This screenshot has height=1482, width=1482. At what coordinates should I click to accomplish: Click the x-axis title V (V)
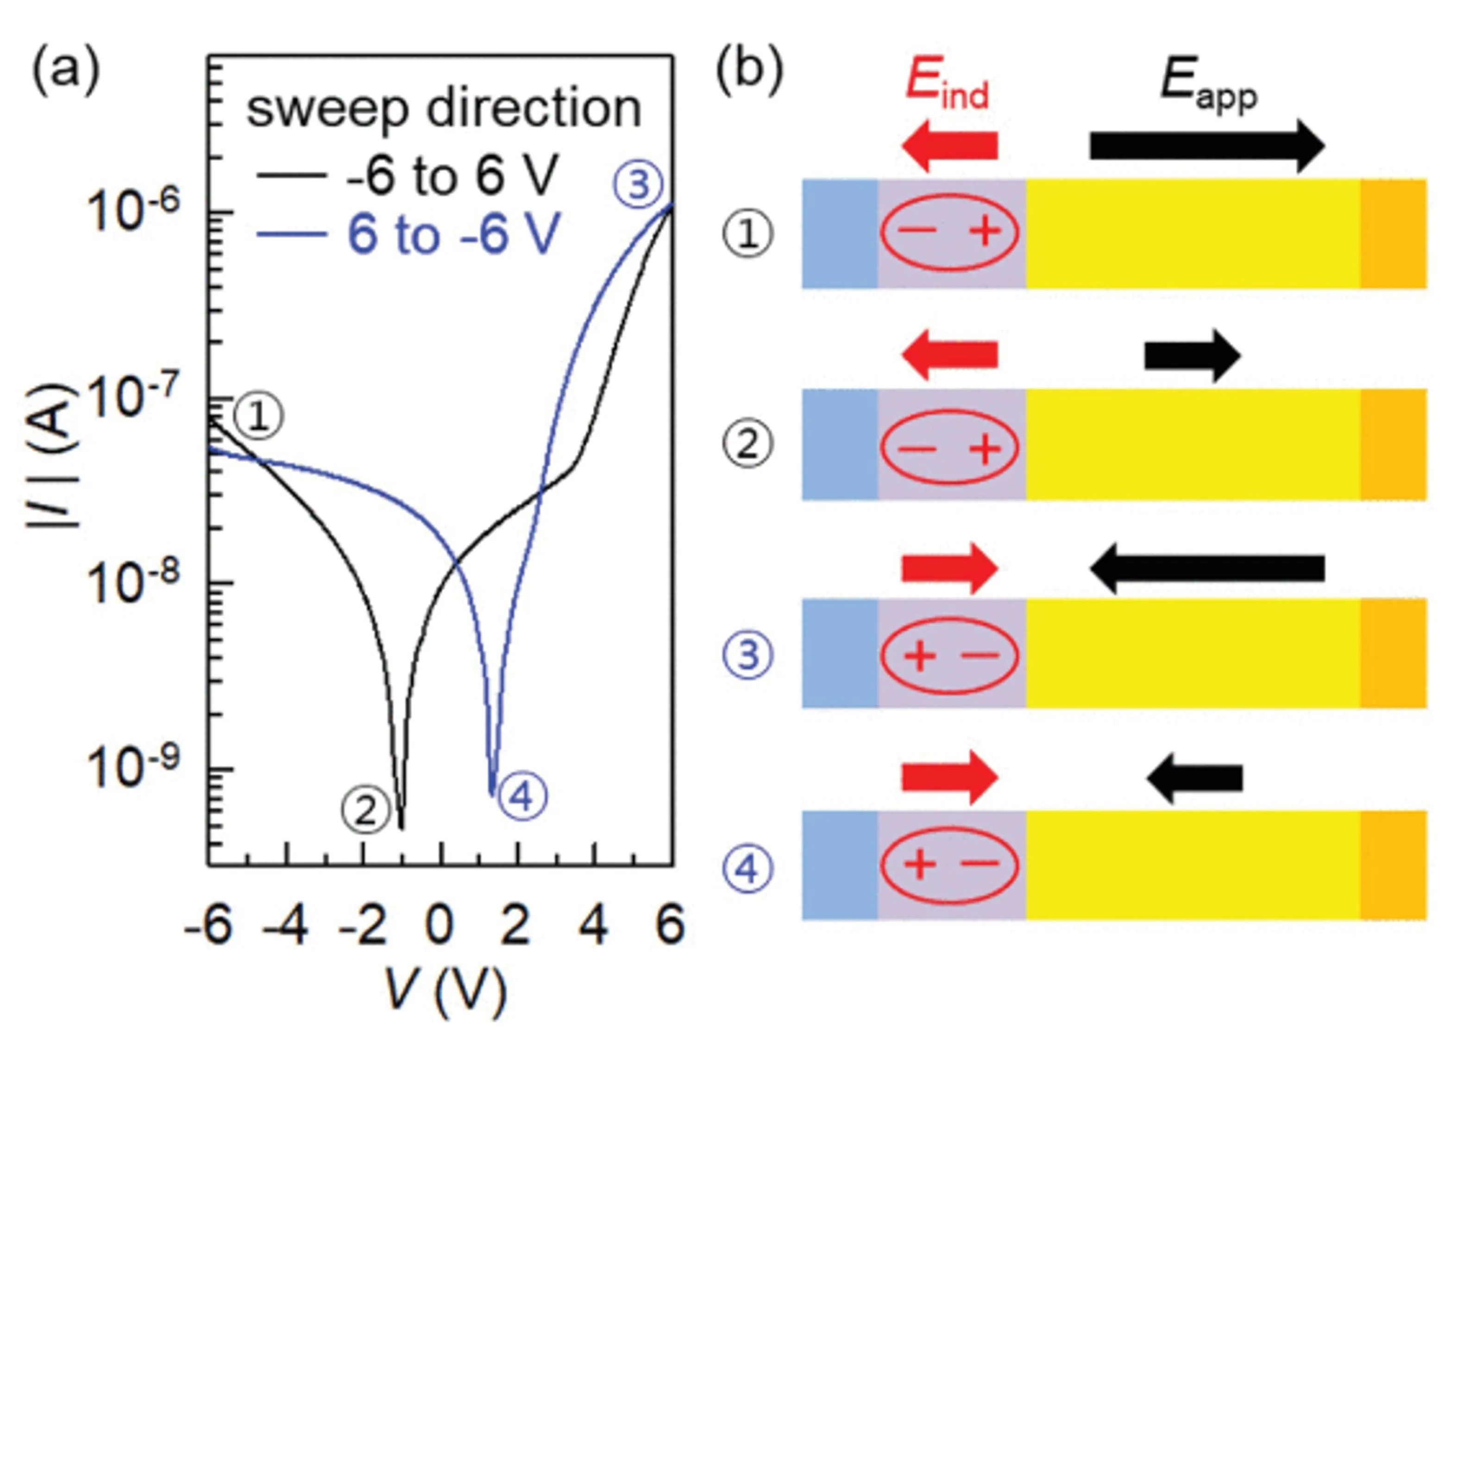tap(445, 992)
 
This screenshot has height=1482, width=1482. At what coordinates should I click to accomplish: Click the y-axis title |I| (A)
tap(54, 457)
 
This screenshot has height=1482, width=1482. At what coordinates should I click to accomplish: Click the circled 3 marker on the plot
tap(637, 185)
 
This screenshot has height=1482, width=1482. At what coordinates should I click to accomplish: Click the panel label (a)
tap(66, 70)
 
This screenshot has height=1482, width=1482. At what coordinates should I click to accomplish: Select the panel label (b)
tap(749, 70)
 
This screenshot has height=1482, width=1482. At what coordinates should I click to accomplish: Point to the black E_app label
tap(1208, 83)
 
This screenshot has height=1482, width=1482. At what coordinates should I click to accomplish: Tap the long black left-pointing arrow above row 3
tap(1206, 568)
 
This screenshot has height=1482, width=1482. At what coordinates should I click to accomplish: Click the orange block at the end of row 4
tap(1393, 865)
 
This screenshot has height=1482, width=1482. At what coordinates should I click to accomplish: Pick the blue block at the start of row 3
tap(840, 653)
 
